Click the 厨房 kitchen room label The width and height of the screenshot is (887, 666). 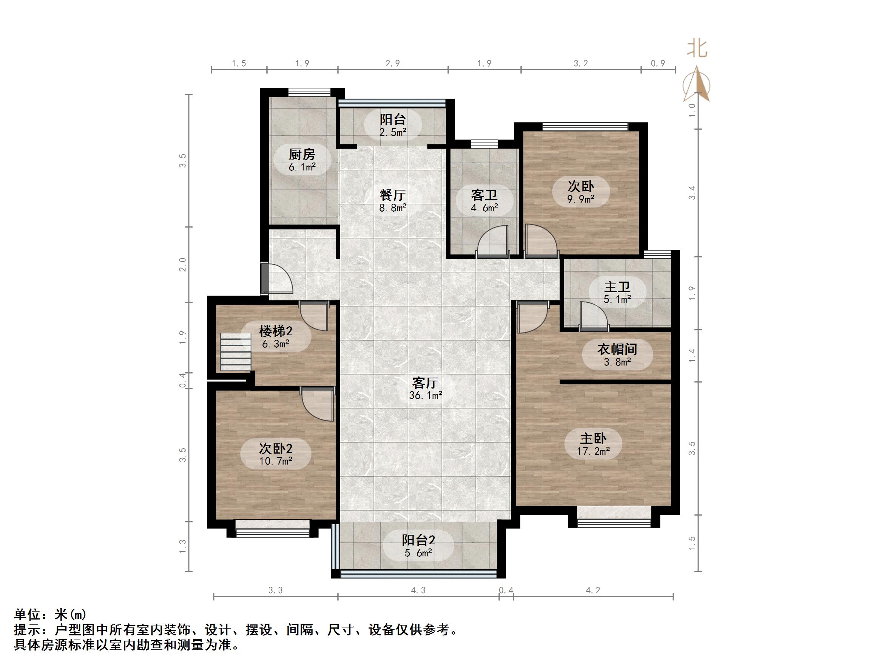(x=302, y=155)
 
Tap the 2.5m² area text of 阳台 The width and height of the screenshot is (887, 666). (x=393, y=132)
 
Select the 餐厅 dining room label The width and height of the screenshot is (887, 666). (x=393, y=195)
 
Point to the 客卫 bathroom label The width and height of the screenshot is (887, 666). (x=484, y=195)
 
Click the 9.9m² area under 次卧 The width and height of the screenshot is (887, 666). (x=581, y=199)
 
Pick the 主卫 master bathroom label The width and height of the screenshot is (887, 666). (x=617, y=287)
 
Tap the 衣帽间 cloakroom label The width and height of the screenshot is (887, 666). (x=617, y=349)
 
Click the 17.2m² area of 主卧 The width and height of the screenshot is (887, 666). (x=593, y=451)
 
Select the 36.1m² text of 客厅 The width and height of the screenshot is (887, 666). (x=425, y=395)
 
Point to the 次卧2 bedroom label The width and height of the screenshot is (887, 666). (x=276, y=448)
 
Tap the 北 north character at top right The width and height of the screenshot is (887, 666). (x=697, y=49)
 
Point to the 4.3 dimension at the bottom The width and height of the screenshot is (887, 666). (x=418, y=590)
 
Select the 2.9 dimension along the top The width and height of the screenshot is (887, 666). (x=393, y=63)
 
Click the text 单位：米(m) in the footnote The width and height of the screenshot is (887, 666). (x=50, y=614)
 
